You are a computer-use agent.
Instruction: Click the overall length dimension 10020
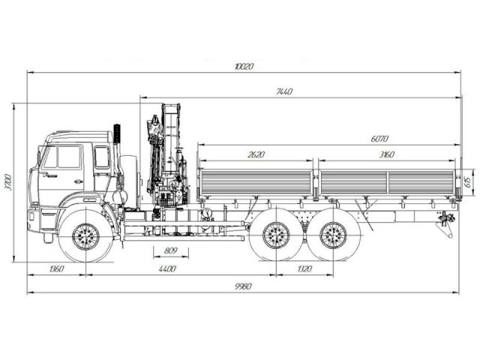point(244,67)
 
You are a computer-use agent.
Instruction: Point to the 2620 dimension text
point(255,154)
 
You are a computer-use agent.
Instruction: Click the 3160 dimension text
point(386,154)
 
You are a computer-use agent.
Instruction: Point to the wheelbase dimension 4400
point(166,268)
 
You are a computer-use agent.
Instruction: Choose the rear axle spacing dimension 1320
point(304,268)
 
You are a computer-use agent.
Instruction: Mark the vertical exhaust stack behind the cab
point(117,161)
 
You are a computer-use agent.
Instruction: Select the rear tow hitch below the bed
point(448,222)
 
